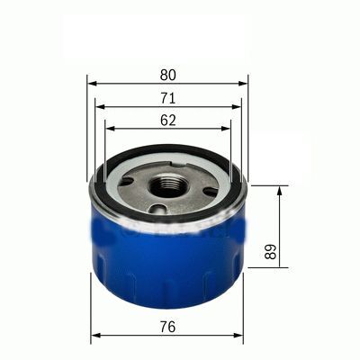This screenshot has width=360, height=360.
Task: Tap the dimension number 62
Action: pos(168,119)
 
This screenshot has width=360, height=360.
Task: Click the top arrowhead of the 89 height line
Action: pos(280,190)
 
